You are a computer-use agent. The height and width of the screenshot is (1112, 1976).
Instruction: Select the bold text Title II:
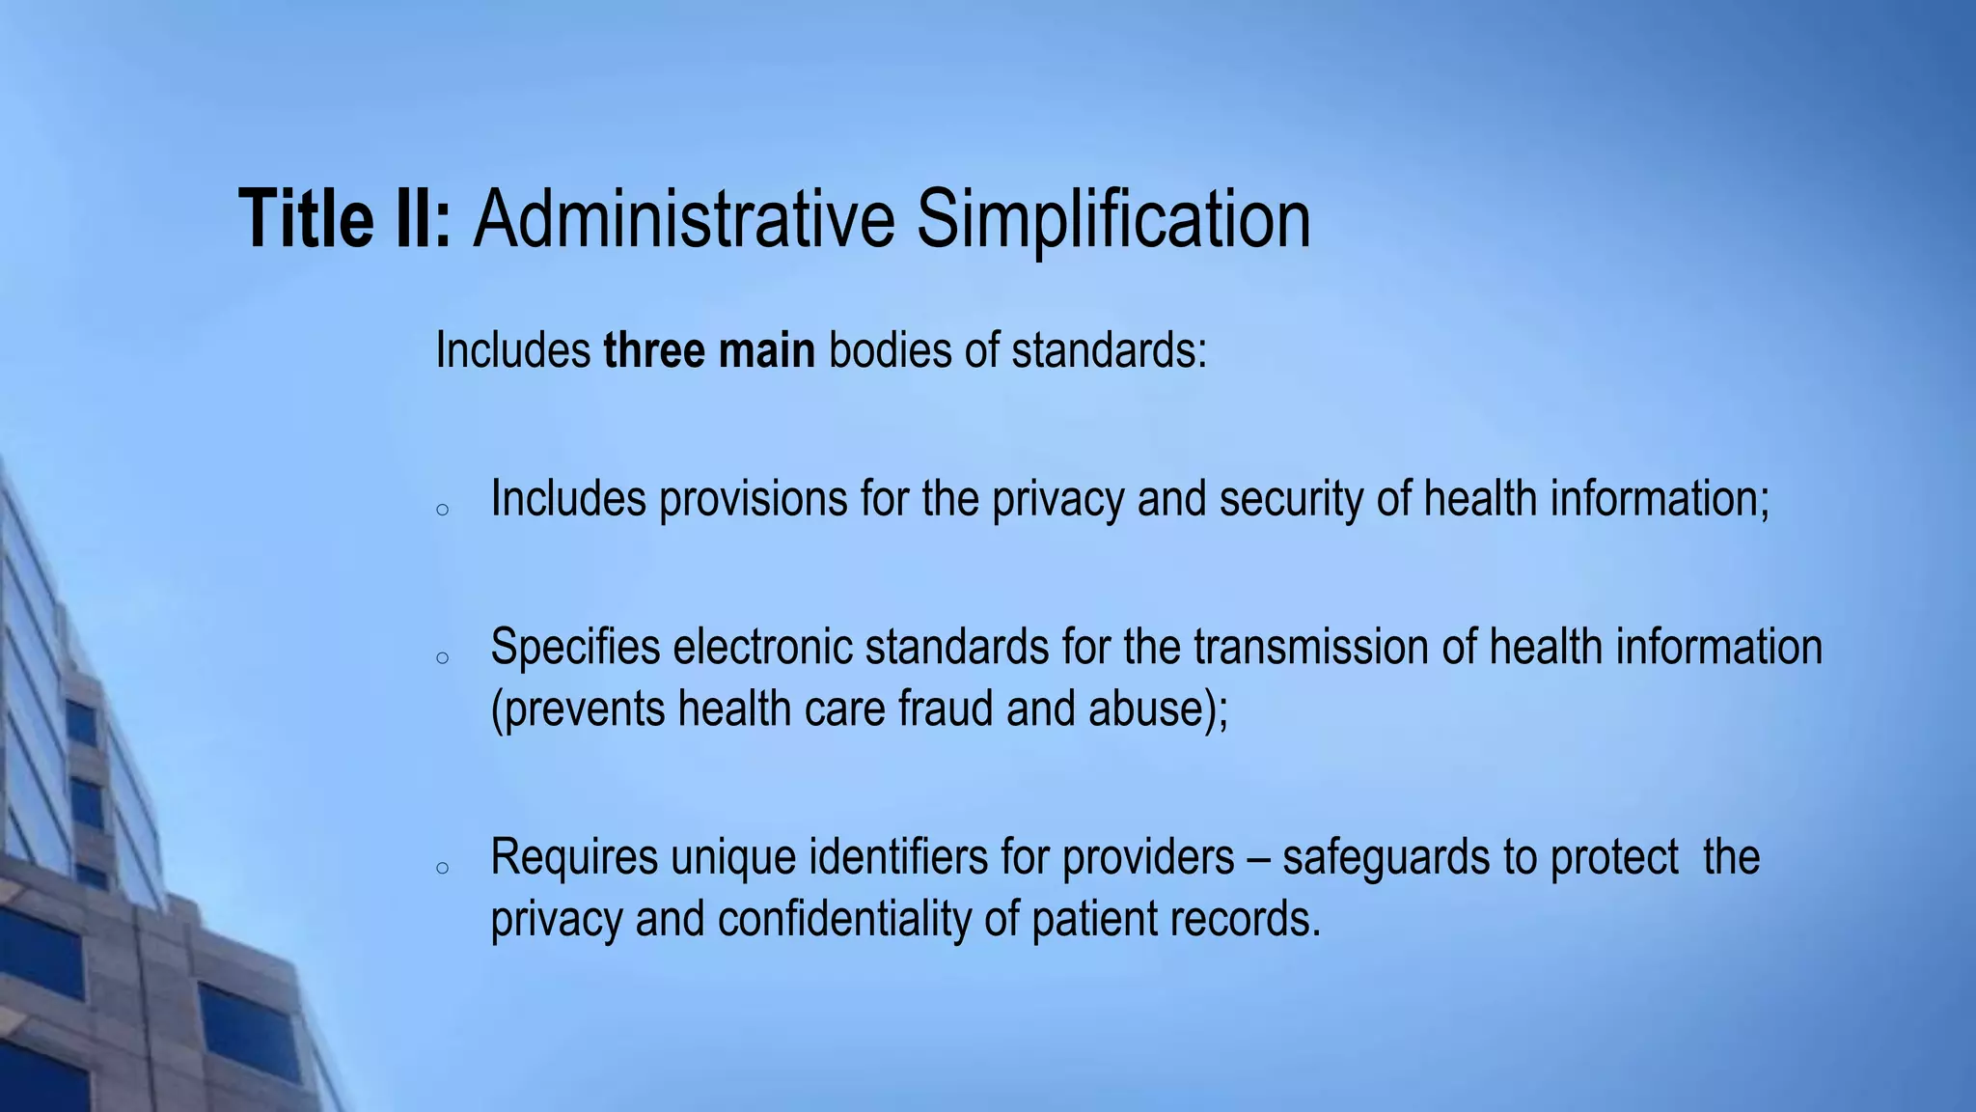(x=344, y=219)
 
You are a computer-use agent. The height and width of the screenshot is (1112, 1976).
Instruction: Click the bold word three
(x=652, y=349)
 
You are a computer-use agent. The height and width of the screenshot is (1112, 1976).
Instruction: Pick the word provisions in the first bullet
(x=753, y=499)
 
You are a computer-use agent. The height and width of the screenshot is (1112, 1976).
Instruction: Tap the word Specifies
(x=575, y=647)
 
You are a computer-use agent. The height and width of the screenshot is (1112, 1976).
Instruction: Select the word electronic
(x=762, y=647)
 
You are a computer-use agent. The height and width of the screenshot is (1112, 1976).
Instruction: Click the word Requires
(x=574, y=856)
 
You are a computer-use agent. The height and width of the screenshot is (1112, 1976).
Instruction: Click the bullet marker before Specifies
(x=442, y=658)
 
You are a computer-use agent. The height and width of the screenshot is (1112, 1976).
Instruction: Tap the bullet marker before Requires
(x=442, y=868)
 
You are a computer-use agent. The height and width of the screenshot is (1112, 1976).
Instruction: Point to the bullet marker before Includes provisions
(x=442, y=511)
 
